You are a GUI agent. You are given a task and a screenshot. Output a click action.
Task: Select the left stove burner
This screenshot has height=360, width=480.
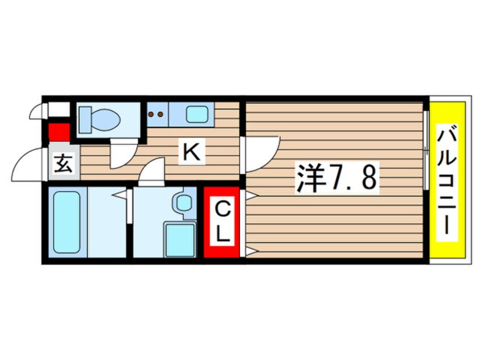click(x=151, y=114)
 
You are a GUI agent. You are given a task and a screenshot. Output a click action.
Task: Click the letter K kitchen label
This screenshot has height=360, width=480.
click(x=191, y=152)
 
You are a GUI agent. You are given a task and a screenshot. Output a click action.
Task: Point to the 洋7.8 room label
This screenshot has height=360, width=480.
click(x=336, y=178)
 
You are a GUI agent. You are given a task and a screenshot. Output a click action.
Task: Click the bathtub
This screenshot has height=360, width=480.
click(x=66, y=222)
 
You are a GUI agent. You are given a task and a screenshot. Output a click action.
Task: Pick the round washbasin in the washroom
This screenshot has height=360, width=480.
click(x=184, y=203)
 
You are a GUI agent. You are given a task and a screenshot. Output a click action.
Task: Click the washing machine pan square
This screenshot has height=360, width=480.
click(x=180, y=240)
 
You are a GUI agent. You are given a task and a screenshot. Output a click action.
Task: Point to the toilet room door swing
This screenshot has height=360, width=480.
click(x=123, y=153)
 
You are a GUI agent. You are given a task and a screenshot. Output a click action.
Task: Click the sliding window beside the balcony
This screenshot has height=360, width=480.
click(x=426, y=150)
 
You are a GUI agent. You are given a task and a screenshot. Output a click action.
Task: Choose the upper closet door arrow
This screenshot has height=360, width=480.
click(x=251, y=195)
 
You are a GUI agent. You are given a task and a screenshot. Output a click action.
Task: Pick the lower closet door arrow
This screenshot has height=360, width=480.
click(x=251, y=252)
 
